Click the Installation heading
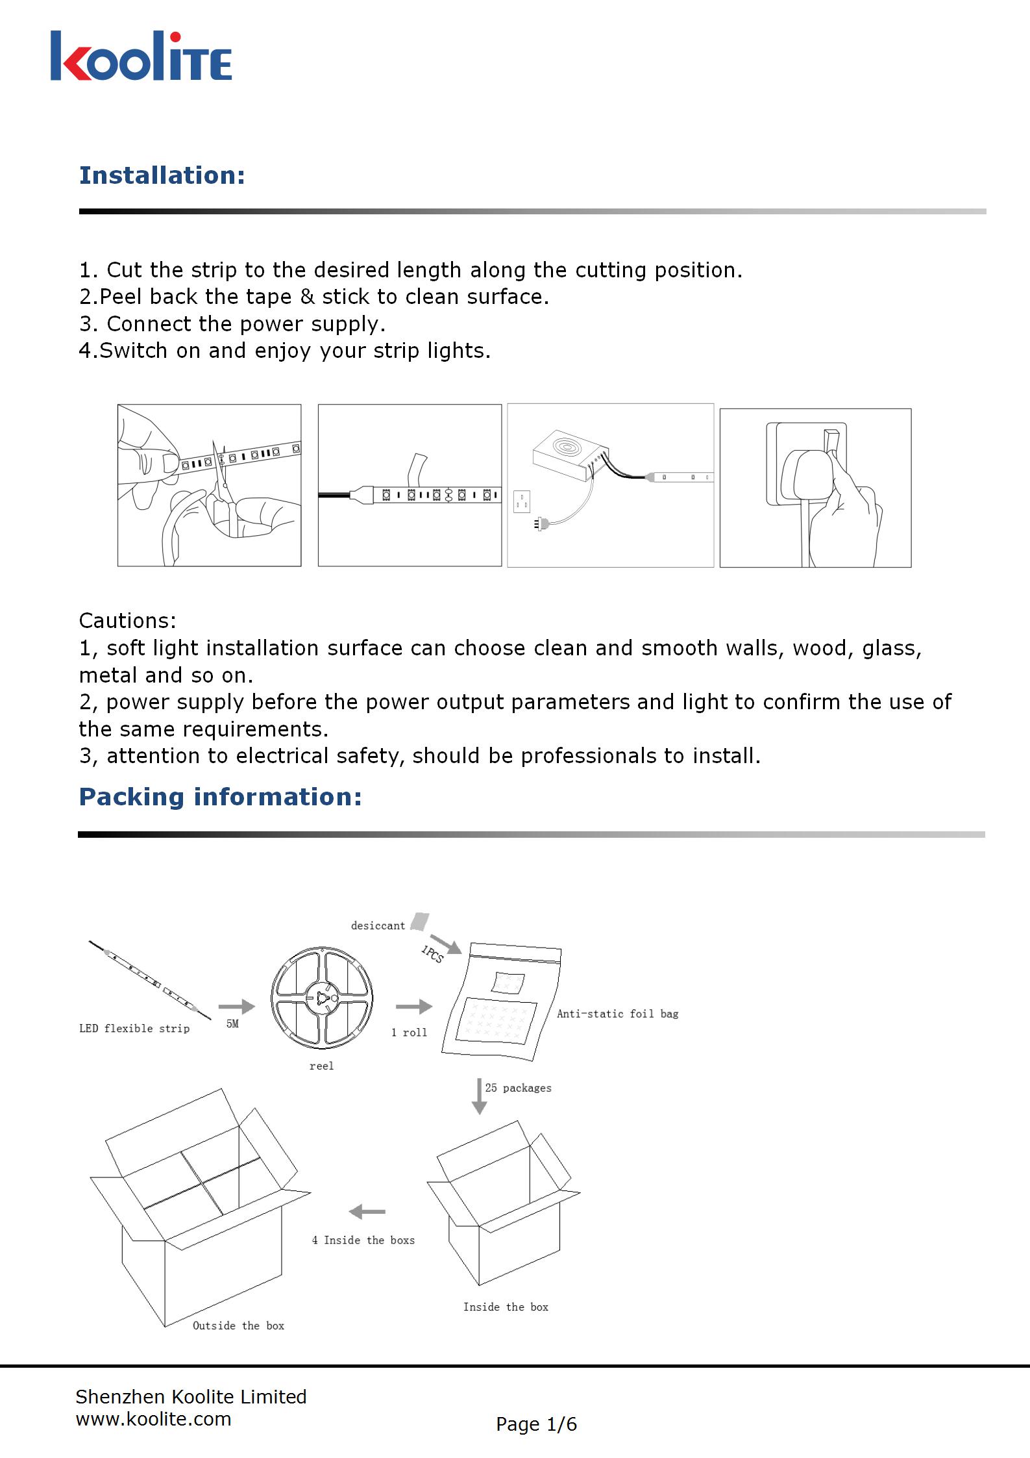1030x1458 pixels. (x=162, y=175)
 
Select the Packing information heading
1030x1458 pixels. (x=220, y=797)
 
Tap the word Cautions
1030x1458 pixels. (x=127, y=621)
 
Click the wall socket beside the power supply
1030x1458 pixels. (x=521, y=501)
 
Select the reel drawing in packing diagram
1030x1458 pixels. (x=322, y=999)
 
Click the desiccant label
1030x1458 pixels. (x=378, y=925)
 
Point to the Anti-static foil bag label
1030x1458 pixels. (x=617, y=1014)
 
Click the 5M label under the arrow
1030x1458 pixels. (x=232, y=1024)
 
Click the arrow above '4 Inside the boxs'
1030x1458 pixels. (x=367, y=1211)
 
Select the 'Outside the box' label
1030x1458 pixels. (x=238, y=1326)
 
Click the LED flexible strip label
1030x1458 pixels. (x=134, y=1028)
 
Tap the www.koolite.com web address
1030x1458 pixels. (x=153, y=1419)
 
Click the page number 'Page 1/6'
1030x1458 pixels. (x=536, y=1424)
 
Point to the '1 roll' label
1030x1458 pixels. (x=409, y=1033)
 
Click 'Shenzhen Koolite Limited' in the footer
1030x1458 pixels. (x=191, y=1396)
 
